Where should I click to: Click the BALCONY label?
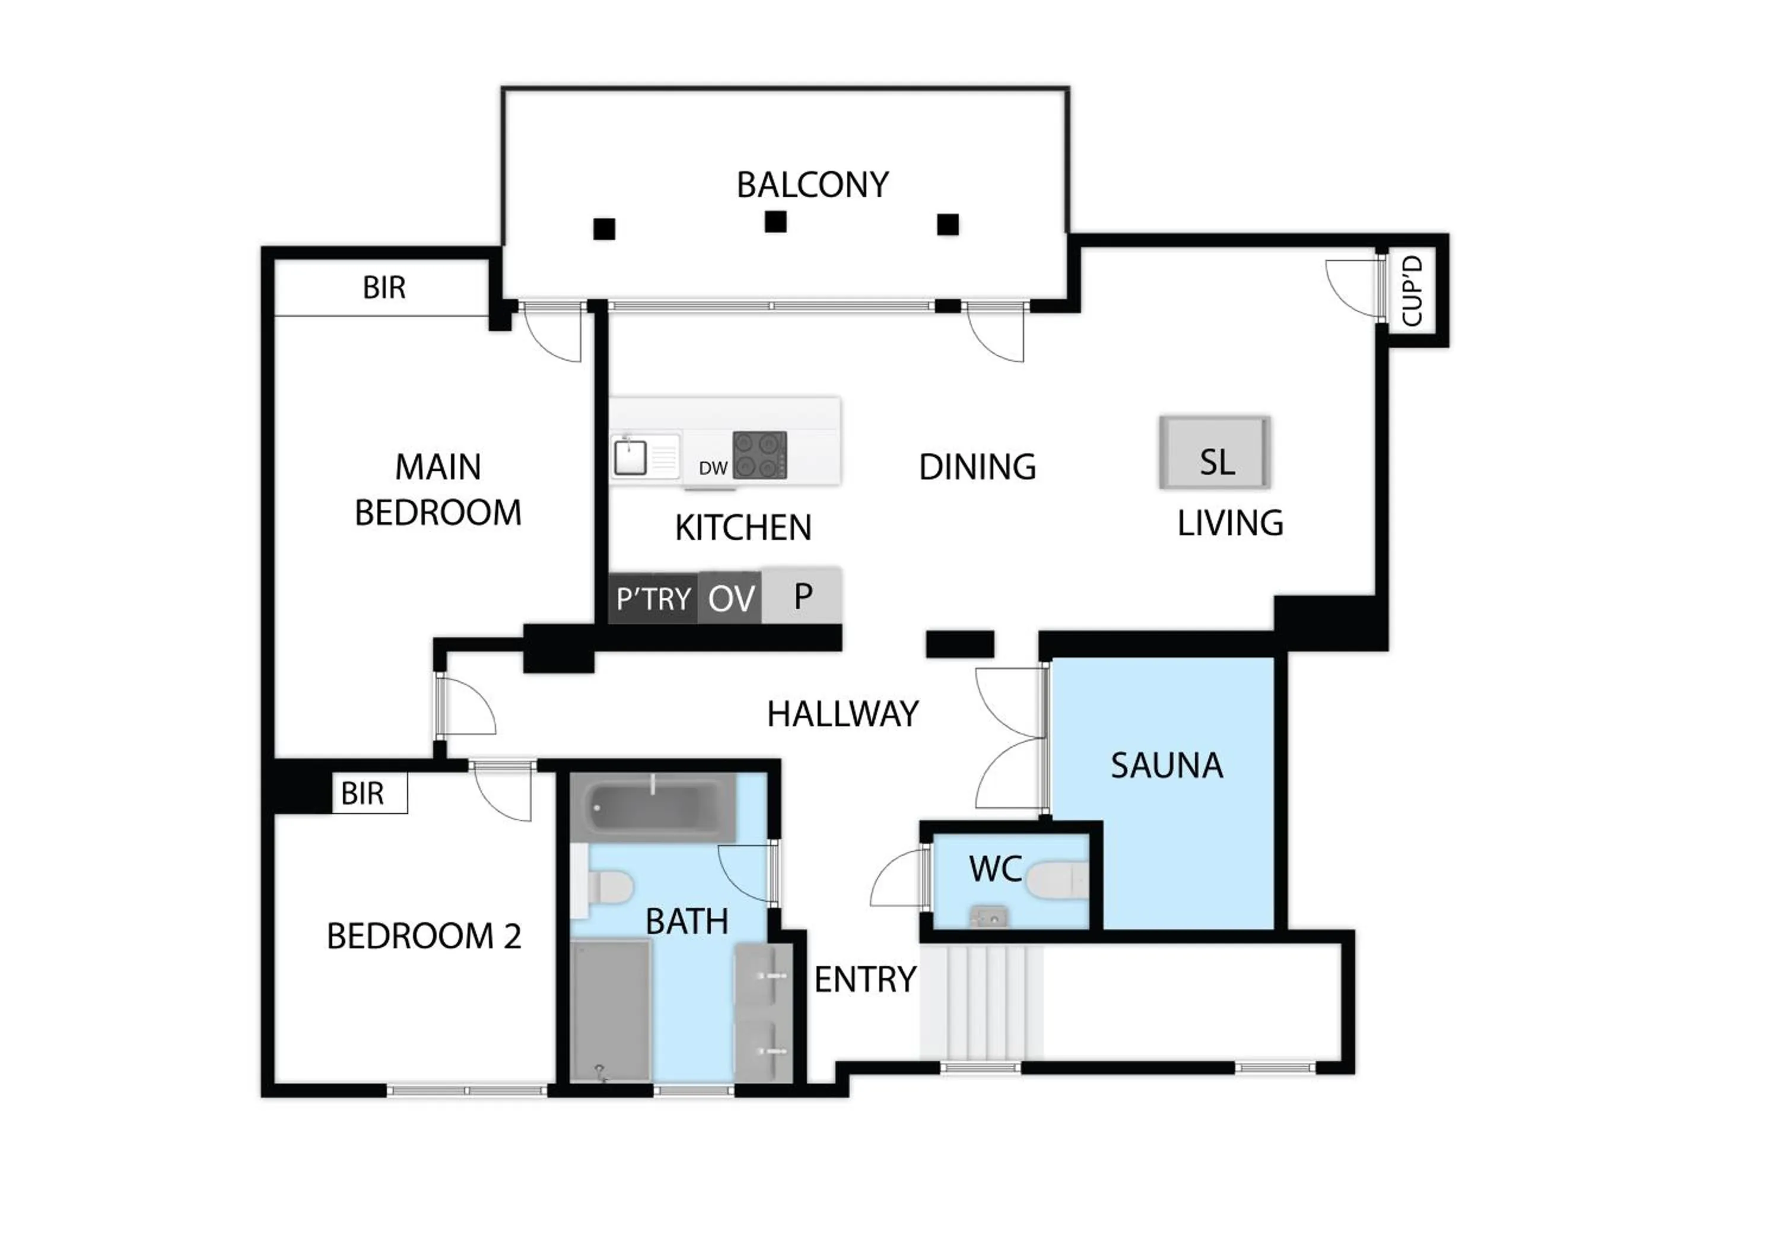pyautogui.click(x=812, y=185)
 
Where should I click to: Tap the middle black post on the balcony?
pyautogui.click(x=775, y=222)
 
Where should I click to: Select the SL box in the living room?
pyautogui.click(x=1215, y=453)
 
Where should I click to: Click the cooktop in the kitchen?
pyautogui.click(x=759, y=455)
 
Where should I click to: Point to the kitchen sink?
pyautogui.click(x=630, y=456)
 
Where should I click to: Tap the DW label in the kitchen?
pyautogui.click(x=713, y=468)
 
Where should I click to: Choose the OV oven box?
pyautogui.click(x=730, y=598)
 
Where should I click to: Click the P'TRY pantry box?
pyautogui.click(x=653, y=598)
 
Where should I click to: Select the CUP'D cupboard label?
pyautogui.click(x=1413, y=291)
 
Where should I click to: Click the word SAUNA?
pyautogui.click(x=1166, y=766)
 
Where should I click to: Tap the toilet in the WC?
pyautogui.click(x=1056, y=881)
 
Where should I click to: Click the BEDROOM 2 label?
pyautogui.click(x=423, y=936)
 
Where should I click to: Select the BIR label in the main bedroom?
pyautogui.click(x=384, y=288)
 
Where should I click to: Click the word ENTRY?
pyautogui.click(x=865, y=980)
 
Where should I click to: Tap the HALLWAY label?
pyautogui.click(x=843, y=714)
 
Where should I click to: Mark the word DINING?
pyautogui.click(x=977, y=466)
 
